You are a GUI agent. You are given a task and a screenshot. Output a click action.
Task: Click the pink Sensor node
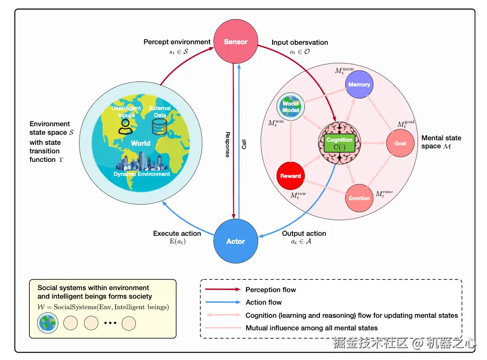pyautogui.click(x=235, y=42)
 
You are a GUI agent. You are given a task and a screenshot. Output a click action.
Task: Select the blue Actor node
pyautogui.click(x=235, y=241)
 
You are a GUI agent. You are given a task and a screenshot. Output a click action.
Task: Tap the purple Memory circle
pyautogui.click(x=359, y=84)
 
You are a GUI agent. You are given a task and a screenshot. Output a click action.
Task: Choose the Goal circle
pyautogui.click(x=400, y=143)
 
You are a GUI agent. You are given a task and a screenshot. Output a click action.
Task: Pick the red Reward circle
pyautogui.click(x=291, y=176)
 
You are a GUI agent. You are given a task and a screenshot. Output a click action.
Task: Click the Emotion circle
pyautogui.click(x=359, y=198)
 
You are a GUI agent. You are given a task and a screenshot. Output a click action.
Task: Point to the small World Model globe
pyautogui.click(x=290, y=107)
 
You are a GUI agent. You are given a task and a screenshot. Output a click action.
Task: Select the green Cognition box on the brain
pyautogui.click(x=340, y=143)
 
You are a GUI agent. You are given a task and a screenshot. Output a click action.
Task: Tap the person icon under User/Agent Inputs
pyautogui.click(x=124, y=126)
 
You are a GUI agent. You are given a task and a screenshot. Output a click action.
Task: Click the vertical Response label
pyautogui.click(x=227, y=145)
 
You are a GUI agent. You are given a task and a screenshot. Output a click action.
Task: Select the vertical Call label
pyautogui.click(x=244, y=145)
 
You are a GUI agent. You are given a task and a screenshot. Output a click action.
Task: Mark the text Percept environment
pyautogui.click(x=177, y=42)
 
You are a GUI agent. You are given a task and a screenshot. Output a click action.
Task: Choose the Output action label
pyautogui.click(x=304, y=233)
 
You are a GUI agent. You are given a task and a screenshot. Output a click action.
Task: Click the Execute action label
pyautogui.click(x=177, y=233)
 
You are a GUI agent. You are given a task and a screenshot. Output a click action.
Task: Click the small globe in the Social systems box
pyautogui.click(x=48, y=323)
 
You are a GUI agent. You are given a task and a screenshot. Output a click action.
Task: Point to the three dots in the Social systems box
pyautogui.click(x=110, y=323)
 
